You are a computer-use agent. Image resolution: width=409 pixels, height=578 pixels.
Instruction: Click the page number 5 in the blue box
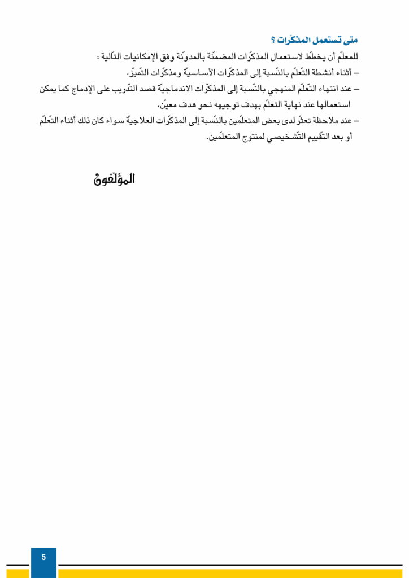[43, 557]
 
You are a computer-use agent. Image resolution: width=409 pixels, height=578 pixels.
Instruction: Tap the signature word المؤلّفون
[115, 180]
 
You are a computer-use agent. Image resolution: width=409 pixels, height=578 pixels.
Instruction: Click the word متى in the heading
[349, 41]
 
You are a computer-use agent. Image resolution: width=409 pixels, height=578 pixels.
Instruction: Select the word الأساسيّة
[208, 73]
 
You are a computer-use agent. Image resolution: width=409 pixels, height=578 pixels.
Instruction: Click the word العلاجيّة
[149, 120]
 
